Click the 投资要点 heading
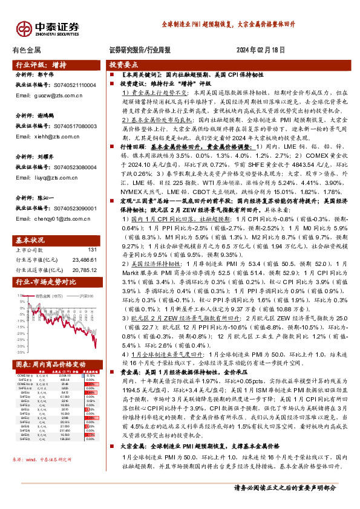[123, 64]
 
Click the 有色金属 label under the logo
[27, 50]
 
